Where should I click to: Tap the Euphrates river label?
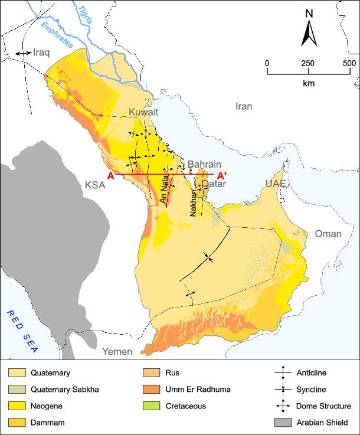tap(54, 34)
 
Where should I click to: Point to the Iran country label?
tap(243, 106)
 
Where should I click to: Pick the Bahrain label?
tap(204, 164)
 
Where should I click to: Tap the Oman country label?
tap(328, 234)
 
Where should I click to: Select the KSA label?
tap(94, 185)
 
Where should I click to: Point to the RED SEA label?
tap(21, 331)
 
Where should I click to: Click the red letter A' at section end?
tap(222, 175)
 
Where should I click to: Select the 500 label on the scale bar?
tap(348, 63)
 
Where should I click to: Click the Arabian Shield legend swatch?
tap(283, 423)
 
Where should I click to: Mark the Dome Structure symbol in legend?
tap(283, 406)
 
